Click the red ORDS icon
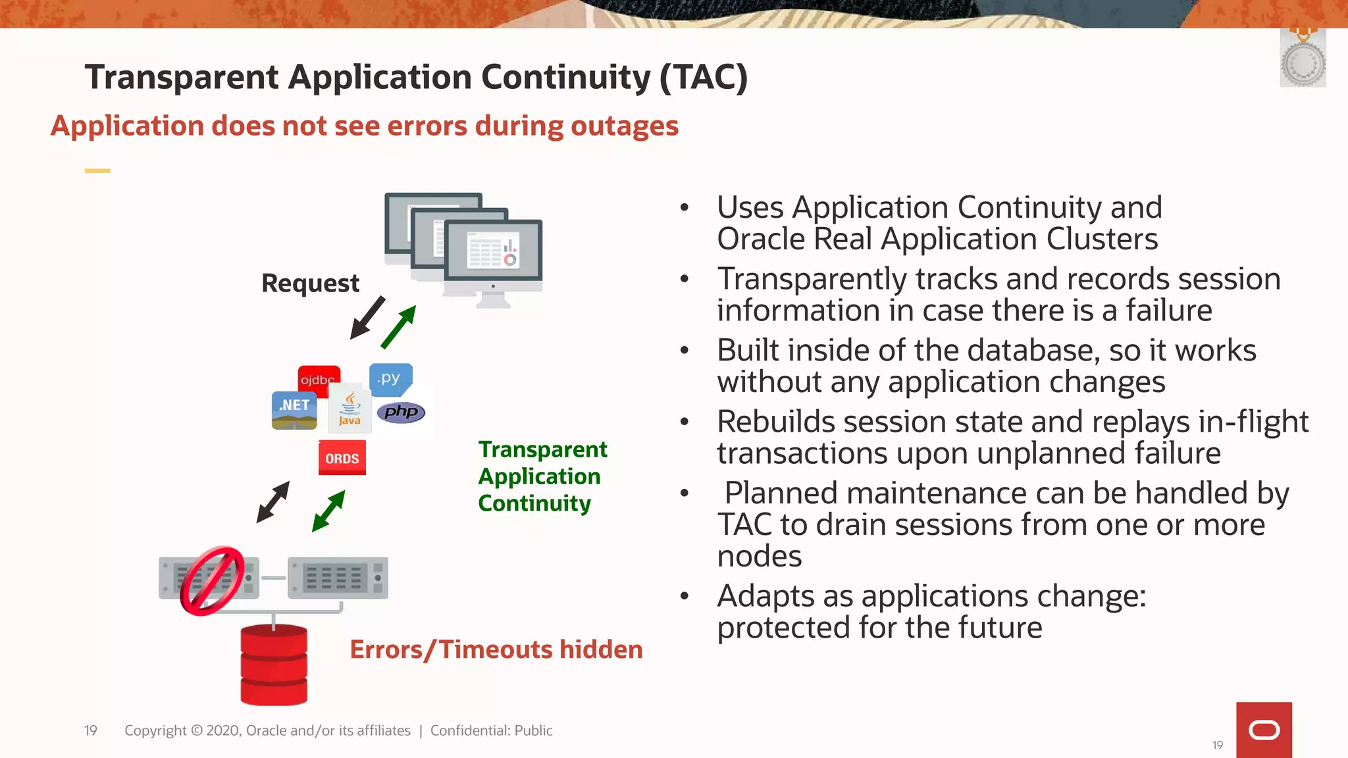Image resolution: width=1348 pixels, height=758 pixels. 342,458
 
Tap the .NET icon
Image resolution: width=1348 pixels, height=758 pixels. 294,410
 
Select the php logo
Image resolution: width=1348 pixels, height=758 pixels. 401,413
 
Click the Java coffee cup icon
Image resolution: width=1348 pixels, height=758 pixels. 350,408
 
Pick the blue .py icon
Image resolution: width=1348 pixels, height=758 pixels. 390,378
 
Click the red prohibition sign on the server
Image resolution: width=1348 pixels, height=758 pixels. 211,580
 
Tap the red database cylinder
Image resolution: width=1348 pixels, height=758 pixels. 274,665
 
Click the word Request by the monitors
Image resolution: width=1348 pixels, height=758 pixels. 310,283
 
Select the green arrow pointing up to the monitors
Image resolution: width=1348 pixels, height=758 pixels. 399,326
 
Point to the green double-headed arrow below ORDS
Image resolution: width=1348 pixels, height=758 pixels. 328,511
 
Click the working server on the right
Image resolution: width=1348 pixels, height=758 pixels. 338,578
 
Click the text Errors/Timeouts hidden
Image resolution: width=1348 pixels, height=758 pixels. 496,649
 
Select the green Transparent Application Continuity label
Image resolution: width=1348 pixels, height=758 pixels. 542,476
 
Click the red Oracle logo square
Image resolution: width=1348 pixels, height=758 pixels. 1263,730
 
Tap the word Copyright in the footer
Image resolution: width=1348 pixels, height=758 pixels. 155,730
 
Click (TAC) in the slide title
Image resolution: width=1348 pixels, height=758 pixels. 704,77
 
